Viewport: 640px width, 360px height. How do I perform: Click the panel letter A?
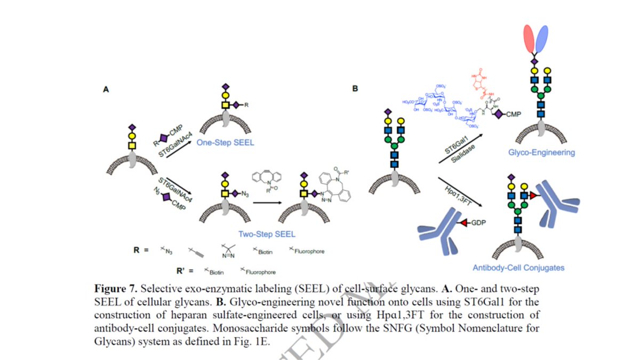click(106, 90)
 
